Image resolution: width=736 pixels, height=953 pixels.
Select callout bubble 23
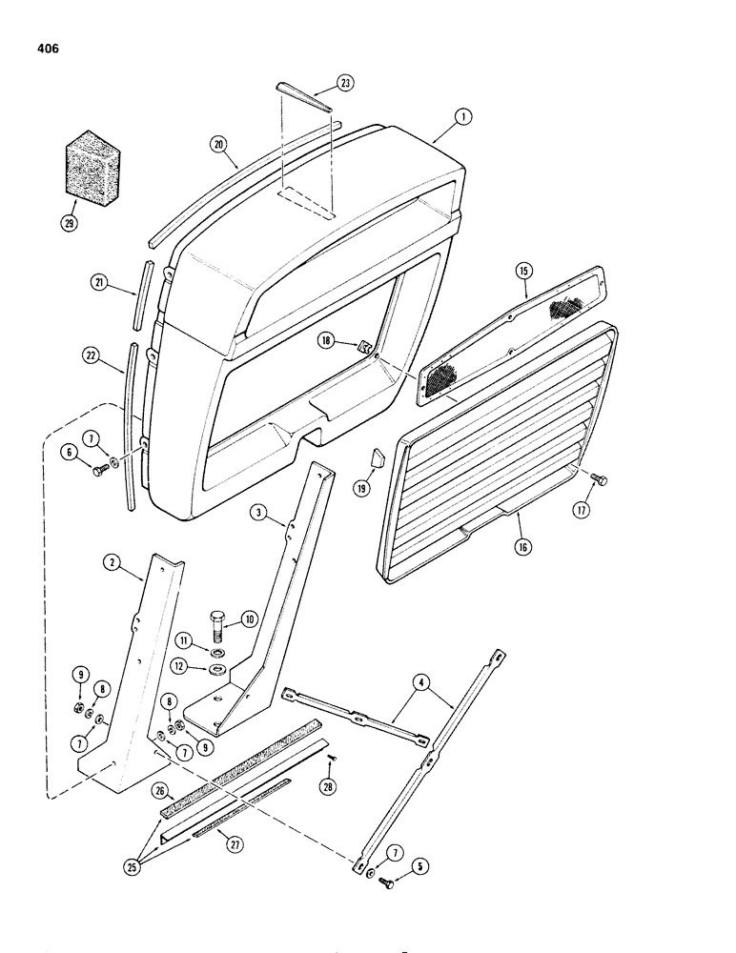(x=343, y=83)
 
